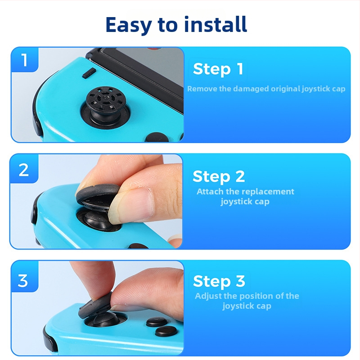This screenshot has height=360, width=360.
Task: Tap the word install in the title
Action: click(x=216, y=24)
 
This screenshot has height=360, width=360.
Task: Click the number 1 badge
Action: click(x=24, y=60)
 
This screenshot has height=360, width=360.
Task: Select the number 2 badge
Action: click(x=24, y=170)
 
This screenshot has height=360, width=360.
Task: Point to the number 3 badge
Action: click(x=23, y=281)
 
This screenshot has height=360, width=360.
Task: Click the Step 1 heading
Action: click(x=218, y=69)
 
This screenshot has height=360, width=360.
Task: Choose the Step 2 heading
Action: click(x=219, y=176)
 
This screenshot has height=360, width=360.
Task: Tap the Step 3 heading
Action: click(x=219, y=281)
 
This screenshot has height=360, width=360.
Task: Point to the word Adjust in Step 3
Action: click(x=208, y=296)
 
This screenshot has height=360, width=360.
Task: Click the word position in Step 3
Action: click(x=257, y=296)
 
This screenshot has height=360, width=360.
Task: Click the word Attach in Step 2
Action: click(x=210, y=192)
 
